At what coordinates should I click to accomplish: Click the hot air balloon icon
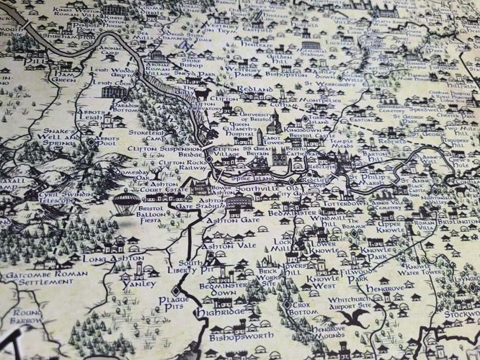[x=128, y=202]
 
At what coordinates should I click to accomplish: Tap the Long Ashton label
[x=113, y=258]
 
